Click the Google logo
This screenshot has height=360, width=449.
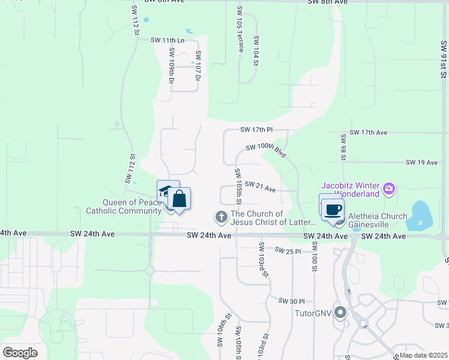pos(20,353)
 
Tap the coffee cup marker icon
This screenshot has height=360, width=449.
pos(333,209)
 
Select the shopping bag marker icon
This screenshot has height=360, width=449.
pos(179,199)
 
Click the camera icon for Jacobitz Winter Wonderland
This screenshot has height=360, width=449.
pos(389,189)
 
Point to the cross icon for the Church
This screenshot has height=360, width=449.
pos(221,216)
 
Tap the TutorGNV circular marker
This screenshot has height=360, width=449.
pos(341,313)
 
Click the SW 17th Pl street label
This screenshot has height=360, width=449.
pos(256,130)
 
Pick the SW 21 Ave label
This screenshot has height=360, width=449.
pos(260,187)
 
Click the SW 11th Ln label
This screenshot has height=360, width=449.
pos(166,40)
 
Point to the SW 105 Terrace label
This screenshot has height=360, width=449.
pos(240,29)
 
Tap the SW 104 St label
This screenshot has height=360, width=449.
pos(256,50)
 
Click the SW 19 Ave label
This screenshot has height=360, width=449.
pos(423,163)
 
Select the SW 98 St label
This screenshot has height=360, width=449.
pos(343,147)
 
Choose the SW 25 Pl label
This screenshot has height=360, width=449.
pos(288,250)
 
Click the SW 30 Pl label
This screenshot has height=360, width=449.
pos(292,301)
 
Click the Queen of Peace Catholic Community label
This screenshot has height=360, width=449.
pos(124,206)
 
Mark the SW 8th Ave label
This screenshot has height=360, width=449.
pos(328,2)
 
